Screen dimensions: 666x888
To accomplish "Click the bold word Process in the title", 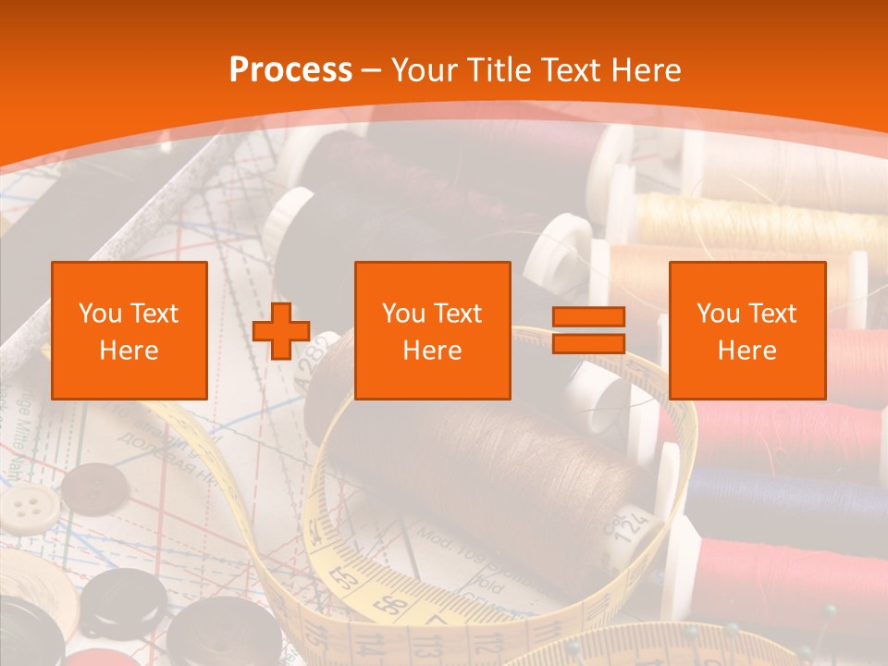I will [290, 70].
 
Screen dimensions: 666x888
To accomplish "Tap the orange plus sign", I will [281, 330].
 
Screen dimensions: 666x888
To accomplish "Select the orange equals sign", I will [588, 330].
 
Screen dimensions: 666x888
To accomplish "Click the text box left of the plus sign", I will [129, 330].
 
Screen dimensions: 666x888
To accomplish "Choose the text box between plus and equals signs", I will [432, 330].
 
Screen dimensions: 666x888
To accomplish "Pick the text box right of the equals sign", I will [746, 330].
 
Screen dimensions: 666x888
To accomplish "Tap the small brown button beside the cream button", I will [92, 486].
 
